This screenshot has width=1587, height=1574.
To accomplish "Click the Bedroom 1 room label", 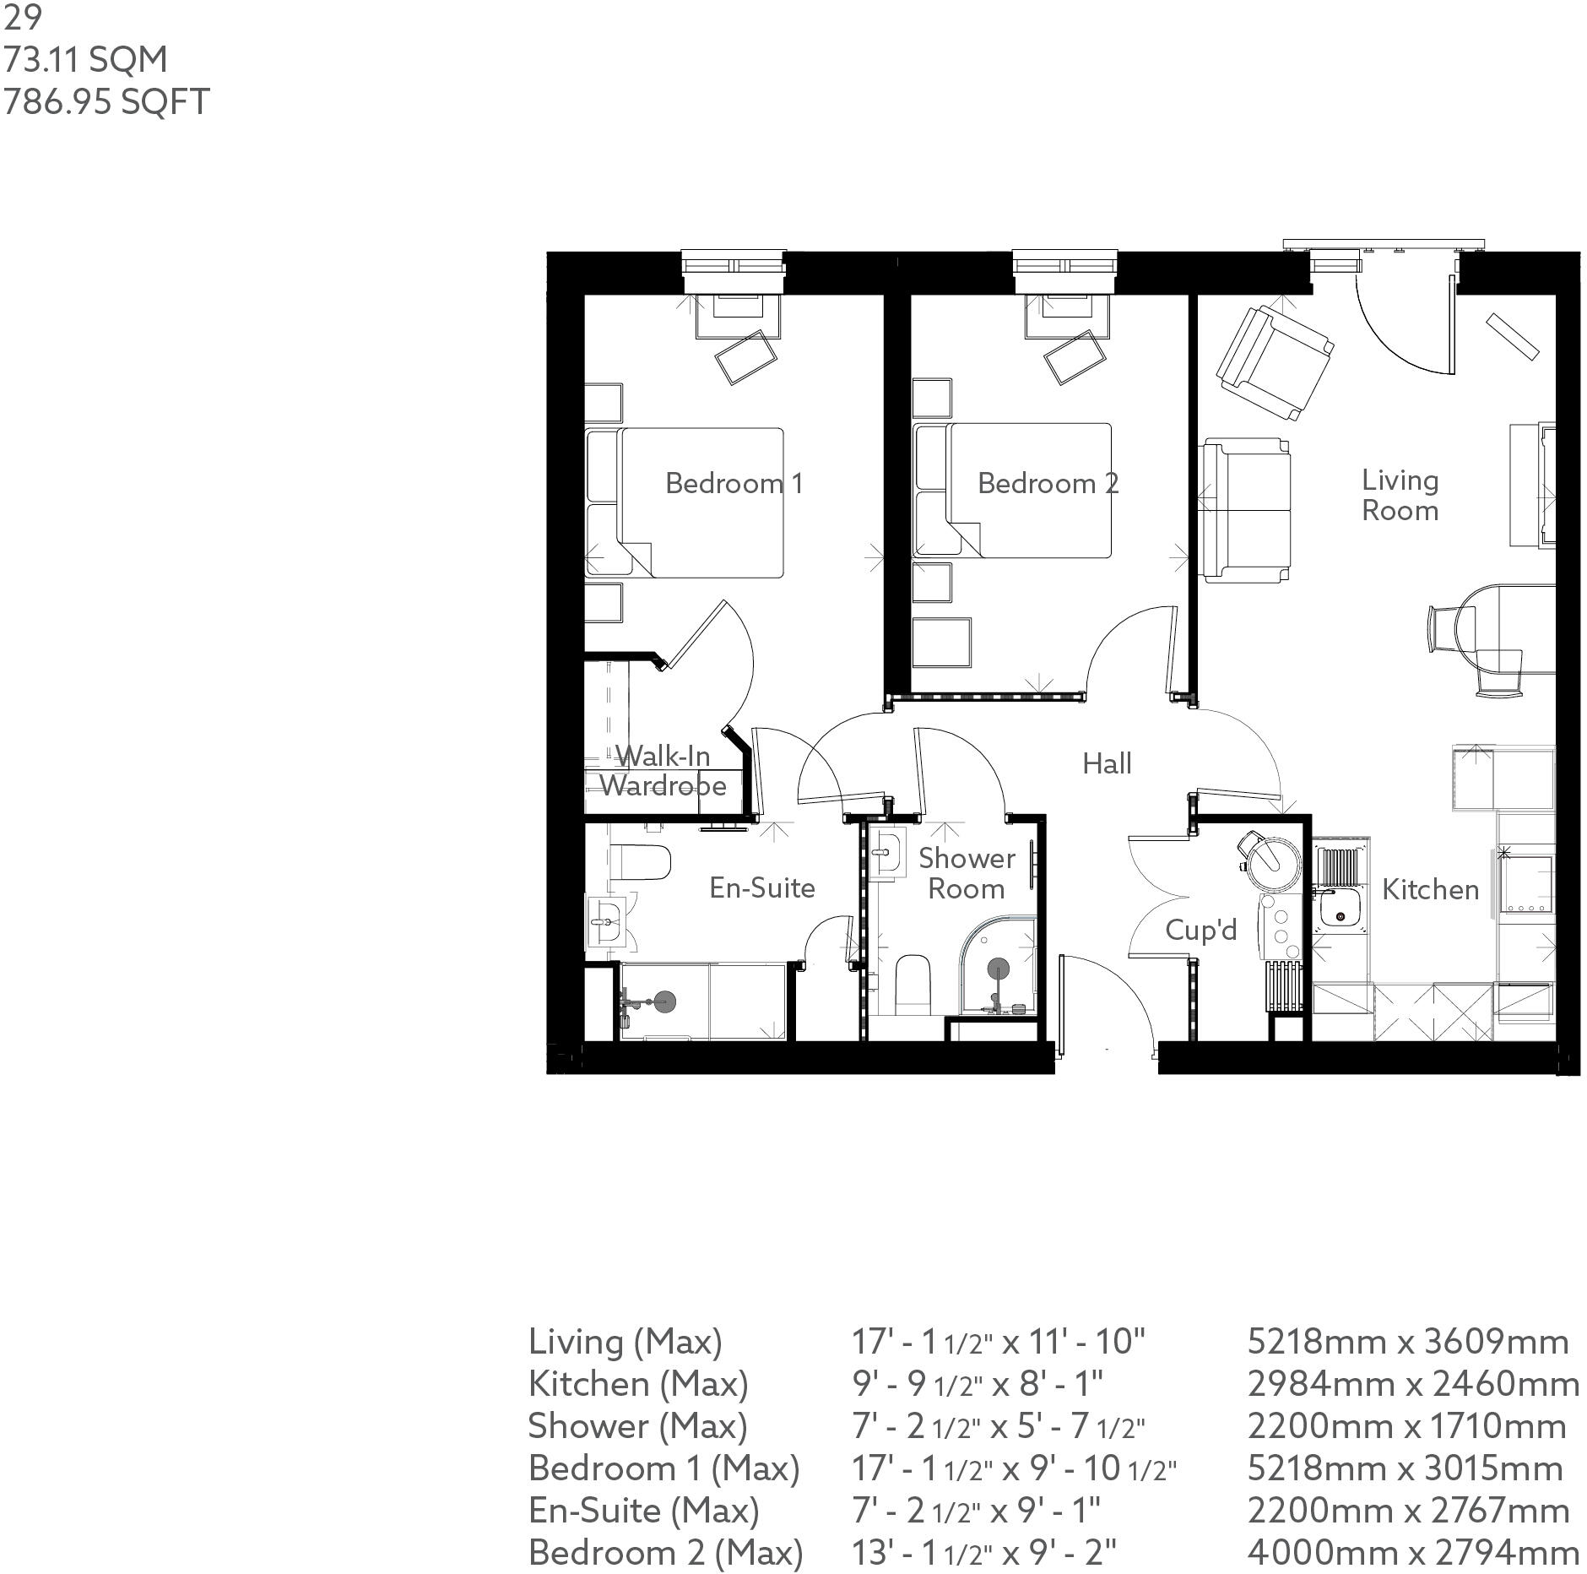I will point(734,483).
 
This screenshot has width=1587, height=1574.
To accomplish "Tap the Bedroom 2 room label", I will point(1048,483).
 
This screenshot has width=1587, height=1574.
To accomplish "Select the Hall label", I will point(1106,763).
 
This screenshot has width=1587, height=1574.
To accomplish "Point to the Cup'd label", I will point(1200,930).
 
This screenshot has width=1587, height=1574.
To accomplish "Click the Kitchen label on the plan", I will point(1430,889).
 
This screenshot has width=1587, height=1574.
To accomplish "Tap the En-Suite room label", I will point(761,887).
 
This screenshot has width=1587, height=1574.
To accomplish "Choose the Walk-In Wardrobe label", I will point(663,771).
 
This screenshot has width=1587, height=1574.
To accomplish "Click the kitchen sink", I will point(1338,915).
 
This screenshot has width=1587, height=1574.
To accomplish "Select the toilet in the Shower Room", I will point(912,984).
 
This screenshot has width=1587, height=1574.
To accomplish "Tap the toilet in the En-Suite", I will point(639,862).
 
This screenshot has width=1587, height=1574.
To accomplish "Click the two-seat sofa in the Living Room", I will point(1245,510).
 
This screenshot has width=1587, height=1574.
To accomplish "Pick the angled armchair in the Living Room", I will point(1274,363).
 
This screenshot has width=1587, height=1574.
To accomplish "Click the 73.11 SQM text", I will point(85,60).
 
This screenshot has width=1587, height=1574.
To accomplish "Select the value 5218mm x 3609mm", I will point(1407,1342).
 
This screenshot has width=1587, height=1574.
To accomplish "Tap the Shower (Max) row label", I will point(637,1426).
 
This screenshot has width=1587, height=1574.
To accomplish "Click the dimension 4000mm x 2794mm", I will point(1412,1553).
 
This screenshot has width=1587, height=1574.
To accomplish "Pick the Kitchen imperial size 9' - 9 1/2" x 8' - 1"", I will point(977,1384).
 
